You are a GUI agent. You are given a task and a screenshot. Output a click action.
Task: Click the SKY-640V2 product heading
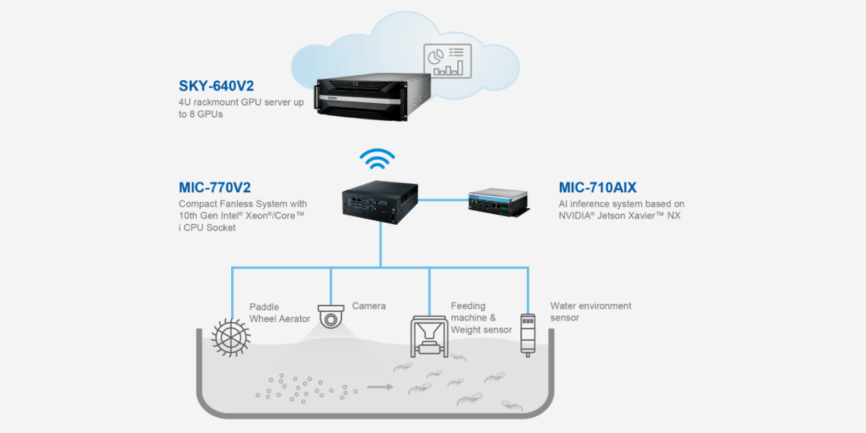tap(216, 86)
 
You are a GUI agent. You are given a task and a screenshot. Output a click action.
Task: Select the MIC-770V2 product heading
tap(215, 187)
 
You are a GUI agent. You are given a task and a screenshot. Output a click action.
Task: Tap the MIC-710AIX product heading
tap(597, 187)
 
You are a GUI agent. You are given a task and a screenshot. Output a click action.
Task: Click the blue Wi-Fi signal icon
tap(377, 159)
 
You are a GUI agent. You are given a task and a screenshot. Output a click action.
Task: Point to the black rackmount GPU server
tap(373, 97)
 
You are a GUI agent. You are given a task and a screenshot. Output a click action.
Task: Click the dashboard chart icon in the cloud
tap(447, 61)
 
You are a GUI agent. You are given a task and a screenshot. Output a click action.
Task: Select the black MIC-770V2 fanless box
tap(380, 202)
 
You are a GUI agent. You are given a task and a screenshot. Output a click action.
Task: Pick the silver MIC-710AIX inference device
tap(499, 202)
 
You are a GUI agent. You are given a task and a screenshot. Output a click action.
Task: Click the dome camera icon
tap(331, 316)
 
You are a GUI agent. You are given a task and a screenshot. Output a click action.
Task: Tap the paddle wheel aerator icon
tap(231, 337)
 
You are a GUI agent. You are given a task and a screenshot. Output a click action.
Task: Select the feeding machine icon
tap(429, 336)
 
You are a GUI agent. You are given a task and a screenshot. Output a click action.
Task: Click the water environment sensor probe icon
tap(528, 335)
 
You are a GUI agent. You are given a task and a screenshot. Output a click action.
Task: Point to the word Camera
tap(369, 306)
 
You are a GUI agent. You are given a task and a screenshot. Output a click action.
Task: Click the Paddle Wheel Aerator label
tap(280, 313)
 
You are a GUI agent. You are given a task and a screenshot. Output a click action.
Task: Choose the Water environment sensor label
tap(590, 311)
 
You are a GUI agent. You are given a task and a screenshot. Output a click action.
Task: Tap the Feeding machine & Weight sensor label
tap(481, 318)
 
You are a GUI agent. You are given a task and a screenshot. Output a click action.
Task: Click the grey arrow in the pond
tap(380, 387)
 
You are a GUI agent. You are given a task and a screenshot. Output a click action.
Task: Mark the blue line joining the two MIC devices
tap(443, 200)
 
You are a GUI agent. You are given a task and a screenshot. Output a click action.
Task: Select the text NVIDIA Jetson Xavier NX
tap(620, 216)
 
